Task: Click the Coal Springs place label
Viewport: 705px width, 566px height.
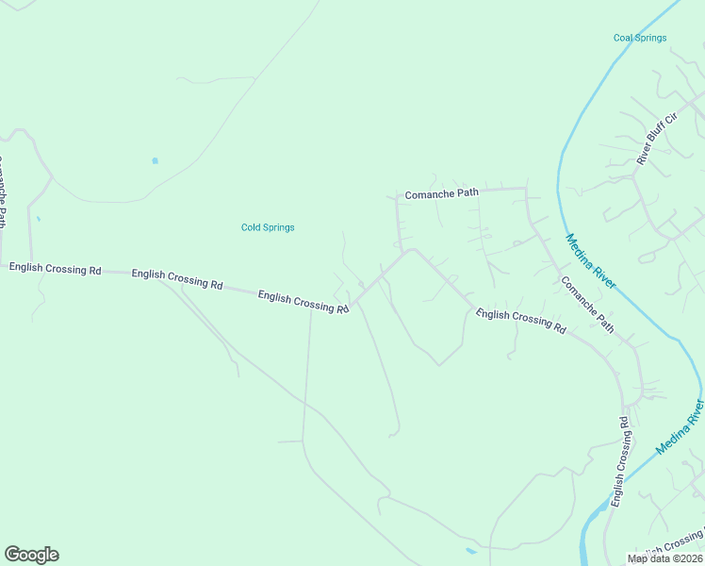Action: click(x=640, y=38)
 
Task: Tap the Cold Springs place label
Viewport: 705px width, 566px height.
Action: click(x=268, y=227)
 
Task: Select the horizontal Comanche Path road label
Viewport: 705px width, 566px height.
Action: click(x=441, y=193)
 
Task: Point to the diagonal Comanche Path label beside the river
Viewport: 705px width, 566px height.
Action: click(x=587, y=305)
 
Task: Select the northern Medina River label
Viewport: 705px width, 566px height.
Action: click(x=591, y=260)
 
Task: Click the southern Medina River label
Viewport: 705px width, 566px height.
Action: click(x=680, y=426)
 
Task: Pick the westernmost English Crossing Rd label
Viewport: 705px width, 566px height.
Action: click(x=55, y=269)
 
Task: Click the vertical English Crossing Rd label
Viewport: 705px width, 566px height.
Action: click(x=620, y=461)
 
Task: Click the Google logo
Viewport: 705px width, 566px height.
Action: click(x=32, y=554)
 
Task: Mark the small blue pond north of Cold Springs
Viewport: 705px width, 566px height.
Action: click(x=155, y=161)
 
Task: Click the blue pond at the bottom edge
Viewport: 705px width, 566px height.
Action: click(x=470, y=551)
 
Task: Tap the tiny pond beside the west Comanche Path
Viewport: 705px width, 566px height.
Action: click(x=38, y=219)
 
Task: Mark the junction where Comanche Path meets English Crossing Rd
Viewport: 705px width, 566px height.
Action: click(x=406, y=251)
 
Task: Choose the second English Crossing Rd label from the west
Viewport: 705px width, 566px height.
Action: click(x=177, y=279)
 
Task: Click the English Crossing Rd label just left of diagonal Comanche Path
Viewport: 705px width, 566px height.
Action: click(x=520, y=320)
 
